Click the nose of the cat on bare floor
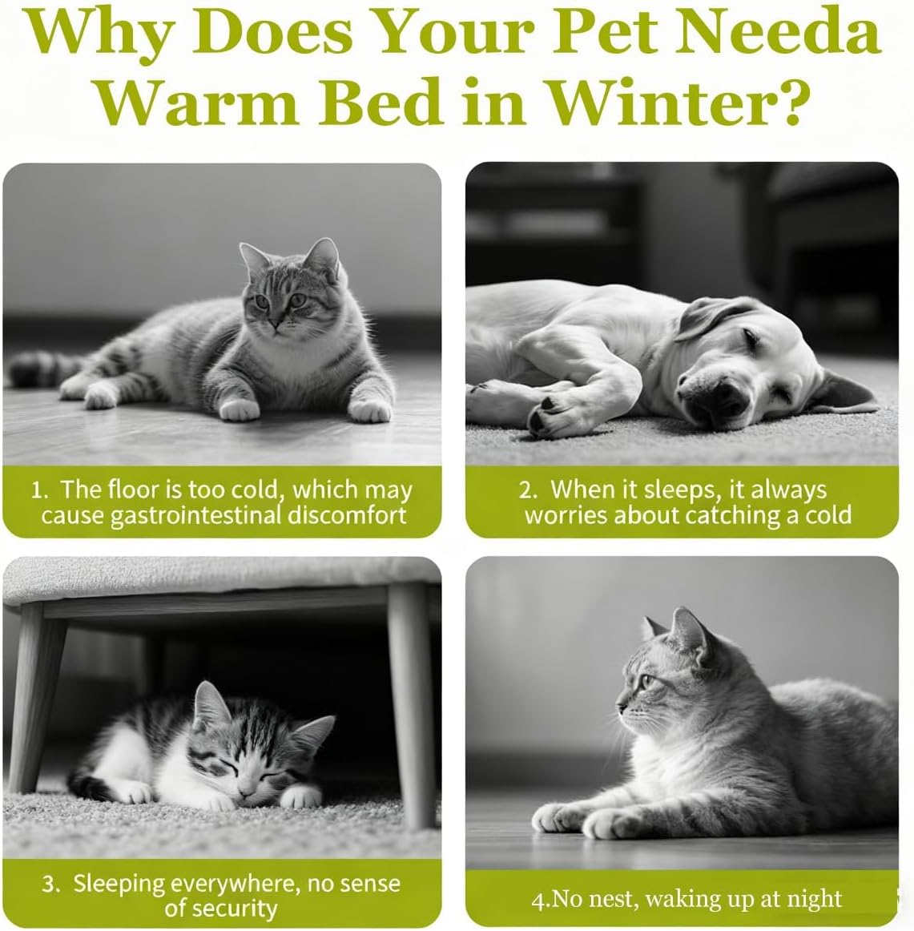pyautogui.click(x=274, y=322)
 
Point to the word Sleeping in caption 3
pyautogui.click(x=119, y=885)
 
